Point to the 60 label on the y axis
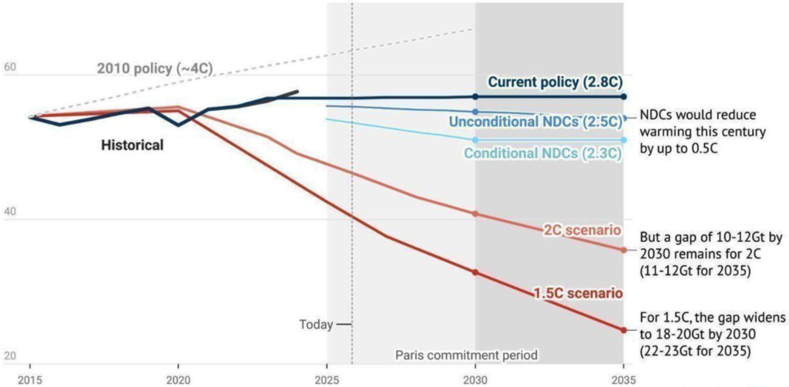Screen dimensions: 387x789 pyautogui.click(x=10, y=68)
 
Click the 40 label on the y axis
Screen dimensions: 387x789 pyautogui.click(x=10, y=214)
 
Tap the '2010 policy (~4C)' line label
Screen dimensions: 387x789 pyautogui.click(x=154, y=69)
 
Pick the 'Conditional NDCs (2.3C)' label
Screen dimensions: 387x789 pyautogui.click(x=542, y=153)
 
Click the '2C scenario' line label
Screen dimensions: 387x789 pyautogui.click(x=583, y=230)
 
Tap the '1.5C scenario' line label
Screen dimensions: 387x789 pyautogui.click(x=578, y=293)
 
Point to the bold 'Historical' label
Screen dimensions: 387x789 pyautogui.click(x=133, y=145)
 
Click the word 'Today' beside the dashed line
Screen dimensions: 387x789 pyautogui.click(x=316, y=325)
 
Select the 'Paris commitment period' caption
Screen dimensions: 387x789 pyautogui.click(x=466, y=355)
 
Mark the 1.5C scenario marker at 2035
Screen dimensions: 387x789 pyautogui.click(x=623, y=330)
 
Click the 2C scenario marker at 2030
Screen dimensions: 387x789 pyautogui.click(x=475, y=214)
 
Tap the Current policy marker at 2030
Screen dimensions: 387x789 pyautogui.click(x=475, y=96)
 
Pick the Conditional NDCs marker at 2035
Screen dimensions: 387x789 pyautogui.click(x=623, y=140)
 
